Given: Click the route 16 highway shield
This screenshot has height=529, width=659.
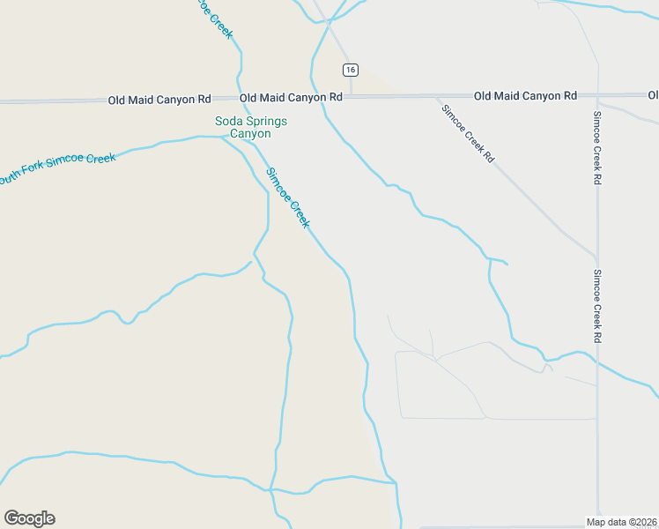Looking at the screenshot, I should click(351, 70).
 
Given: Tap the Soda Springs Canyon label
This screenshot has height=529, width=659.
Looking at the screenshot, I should click(244, 127).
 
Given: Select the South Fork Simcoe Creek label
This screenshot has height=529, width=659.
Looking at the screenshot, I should click(57, 168).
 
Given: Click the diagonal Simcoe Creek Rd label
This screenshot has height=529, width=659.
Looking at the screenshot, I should click(468, 133).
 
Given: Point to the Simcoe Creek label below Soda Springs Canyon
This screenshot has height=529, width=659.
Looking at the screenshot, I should click(288, 198).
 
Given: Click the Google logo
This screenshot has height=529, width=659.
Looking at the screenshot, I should click(29, 518).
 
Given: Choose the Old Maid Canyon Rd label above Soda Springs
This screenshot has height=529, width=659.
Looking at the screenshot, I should click(291, 97).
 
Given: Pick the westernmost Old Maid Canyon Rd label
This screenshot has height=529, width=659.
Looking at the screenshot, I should click(159, 100).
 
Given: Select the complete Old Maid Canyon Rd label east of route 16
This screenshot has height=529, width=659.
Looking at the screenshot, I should click(525, 95).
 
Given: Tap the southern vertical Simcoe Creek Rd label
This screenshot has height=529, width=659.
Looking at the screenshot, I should click(596, 306).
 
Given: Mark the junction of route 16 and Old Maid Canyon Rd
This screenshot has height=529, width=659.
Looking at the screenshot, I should click(351, 96).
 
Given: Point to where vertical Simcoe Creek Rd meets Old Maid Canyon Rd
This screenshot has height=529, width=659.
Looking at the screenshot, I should click(597, 94).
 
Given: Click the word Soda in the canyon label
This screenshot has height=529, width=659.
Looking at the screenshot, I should click(228, 121).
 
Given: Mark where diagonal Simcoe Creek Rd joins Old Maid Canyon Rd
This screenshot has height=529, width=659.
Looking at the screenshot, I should click(433, 95).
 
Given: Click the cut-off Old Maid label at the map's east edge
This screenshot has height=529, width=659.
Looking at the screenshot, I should click(653, 94).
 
